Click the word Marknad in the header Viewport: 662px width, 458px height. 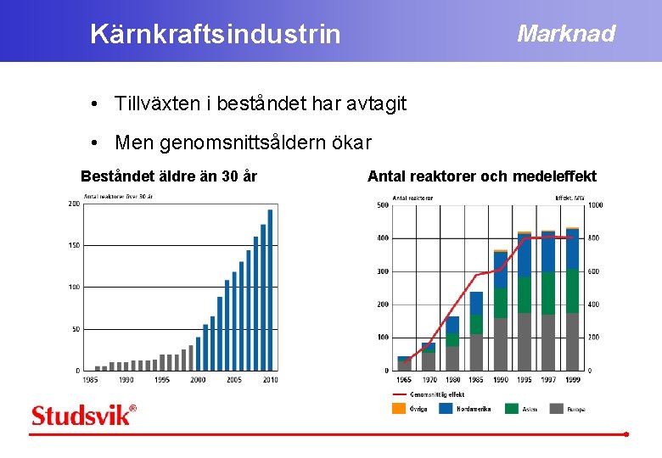566,33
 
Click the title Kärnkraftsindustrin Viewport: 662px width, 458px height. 215,34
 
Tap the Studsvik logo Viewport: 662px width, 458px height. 83,416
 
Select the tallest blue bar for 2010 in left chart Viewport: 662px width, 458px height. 270,289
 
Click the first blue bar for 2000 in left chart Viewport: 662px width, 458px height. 205,347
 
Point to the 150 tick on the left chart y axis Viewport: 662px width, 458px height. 74,245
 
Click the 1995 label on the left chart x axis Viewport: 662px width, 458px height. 162,380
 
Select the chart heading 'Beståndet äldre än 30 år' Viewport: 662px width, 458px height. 169,176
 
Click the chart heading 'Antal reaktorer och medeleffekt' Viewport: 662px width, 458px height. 481,176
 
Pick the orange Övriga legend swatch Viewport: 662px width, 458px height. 398,408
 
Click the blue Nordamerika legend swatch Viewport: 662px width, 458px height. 445,408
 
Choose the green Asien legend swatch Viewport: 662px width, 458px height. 511,408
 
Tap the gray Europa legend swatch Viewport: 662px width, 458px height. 557,408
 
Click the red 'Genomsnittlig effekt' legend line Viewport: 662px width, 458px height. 399,394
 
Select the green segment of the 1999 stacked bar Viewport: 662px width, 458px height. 572,291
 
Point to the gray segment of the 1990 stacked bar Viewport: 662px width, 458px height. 500,343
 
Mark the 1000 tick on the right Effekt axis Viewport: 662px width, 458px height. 596,205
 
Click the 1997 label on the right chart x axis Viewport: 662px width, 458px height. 548,380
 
